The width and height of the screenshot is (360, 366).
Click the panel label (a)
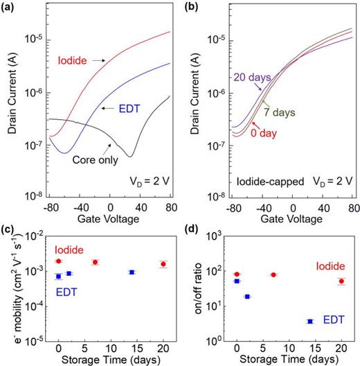(x=9, y=7)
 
